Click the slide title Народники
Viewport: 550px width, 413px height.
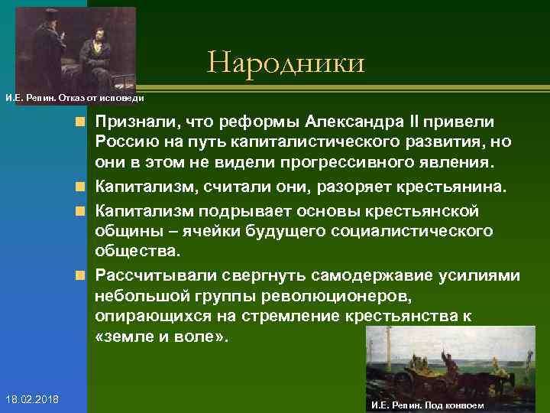[286, 62]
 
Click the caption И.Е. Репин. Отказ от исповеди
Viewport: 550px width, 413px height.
[74, 98]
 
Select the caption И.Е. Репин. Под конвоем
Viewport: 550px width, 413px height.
[426, 405]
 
